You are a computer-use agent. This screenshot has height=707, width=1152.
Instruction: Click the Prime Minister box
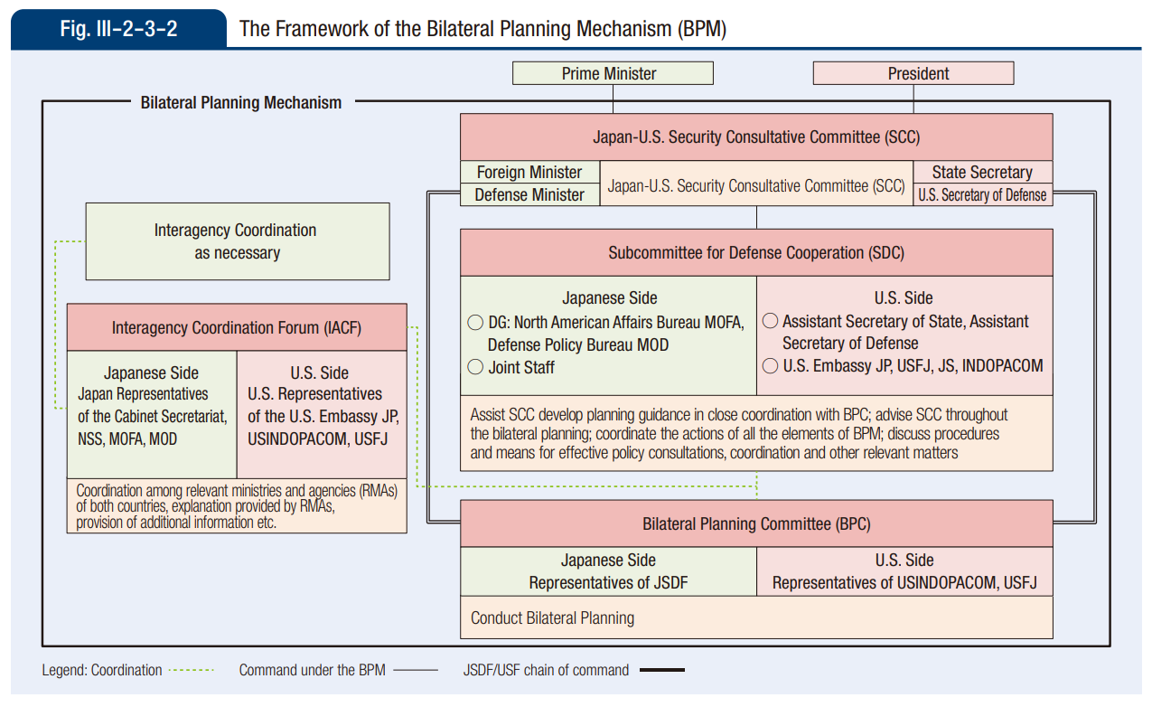click(x=613, y=73)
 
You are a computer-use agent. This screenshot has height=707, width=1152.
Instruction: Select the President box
click(x=913, y=73)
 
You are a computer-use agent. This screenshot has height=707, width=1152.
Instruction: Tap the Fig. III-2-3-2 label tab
click(x=118, y=29)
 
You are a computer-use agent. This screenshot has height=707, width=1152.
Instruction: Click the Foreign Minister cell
click(x=529, y=172)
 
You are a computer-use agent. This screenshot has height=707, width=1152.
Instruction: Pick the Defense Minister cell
click(x=529, y=194)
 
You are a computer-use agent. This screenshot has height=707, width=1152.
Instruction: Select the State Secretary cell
click(x=982, y=172)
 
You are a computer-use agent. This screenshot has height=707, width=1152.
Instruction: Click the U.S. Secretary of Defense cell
click(x=982, y=194)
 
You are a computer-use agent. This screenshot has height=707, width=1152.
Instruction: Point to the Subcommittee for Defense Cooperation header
click(x=756, y=253)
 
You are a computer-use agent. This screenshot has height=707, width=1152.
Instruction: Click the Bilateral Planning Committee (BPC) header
click(x=756, y=523)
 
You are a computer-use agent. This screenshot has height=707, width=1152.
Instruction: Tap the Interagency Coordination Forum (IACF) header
click(x=237, y=327)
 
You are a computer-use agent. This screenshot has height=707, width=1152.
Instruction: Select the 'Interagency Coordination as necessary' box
click(x=237, y=241)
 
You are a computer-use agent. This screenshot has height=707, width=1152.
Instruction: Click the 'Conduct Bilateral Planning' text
click(x=552, y=618)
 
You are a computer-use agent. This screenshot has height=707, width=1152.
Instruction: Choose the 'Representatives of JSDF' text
click(x=608, y=583)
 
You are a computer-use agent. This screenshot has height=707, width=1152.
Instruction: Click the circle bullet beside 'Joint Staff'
click(x=475, y=367)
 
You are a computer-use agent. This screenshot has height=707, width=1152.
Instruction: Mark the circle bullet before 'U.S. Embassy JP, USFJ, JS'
click(x=771, y=366)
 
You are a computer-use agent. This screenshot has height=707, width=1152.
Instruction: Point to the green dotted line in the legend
click(x=192, y=671)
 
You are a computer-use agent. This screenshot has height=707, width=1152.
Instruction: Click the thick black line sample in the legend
click(x=661, y=671)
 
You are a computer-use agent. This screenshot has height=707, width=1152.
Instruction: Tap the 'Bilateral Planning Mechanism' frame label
click(x=241, y=102)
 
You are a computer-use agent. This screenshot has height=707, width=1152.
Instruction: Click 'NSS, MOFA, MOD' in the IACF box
click(x=127, y=439)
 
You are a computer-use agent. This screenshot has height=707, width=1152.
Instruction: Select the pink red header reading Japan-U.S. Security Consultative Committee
click(x=756, y=137)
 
